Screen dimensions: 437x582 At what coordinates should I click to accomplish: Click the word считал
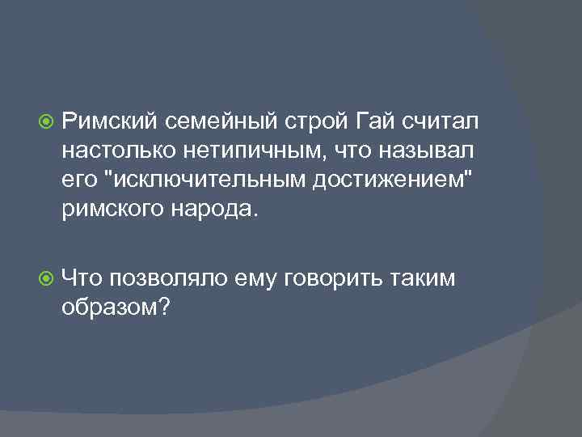tap(440, 121)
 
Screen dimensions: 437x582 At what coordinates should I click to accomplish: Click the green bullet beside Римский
tap(47, 122)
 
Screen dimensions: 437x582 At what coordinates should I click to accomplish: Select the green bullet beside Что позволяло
tap(47, 279)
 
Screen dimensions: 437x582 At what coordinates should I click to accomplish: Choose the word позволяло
tap(169, 279)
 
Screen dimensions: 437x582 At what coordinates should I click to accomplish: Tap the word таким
tap(424, 279)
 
